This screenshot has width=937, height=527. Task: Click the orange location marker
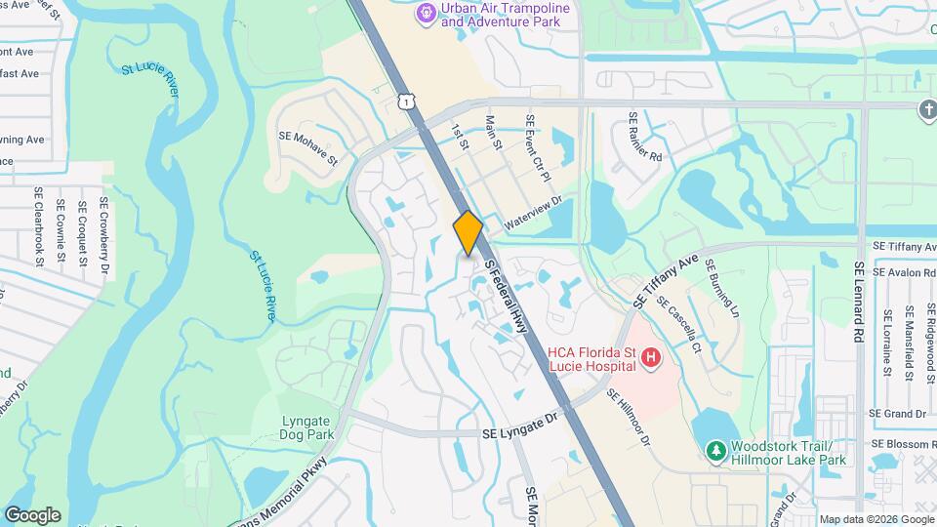[x=468, y=232]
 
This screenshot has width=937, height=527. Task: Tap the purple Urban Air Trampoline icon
[x=426, y=13]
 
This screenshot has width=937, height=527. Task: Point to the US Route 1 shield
[x=406, y=101]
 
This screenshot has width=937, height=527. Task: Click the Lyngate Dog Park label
[x=307, y=427]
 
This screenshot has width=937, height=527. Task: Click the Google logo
[x=32, y=514]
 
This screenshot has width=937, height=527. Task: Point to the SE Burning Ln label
[x=723, y=287]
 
